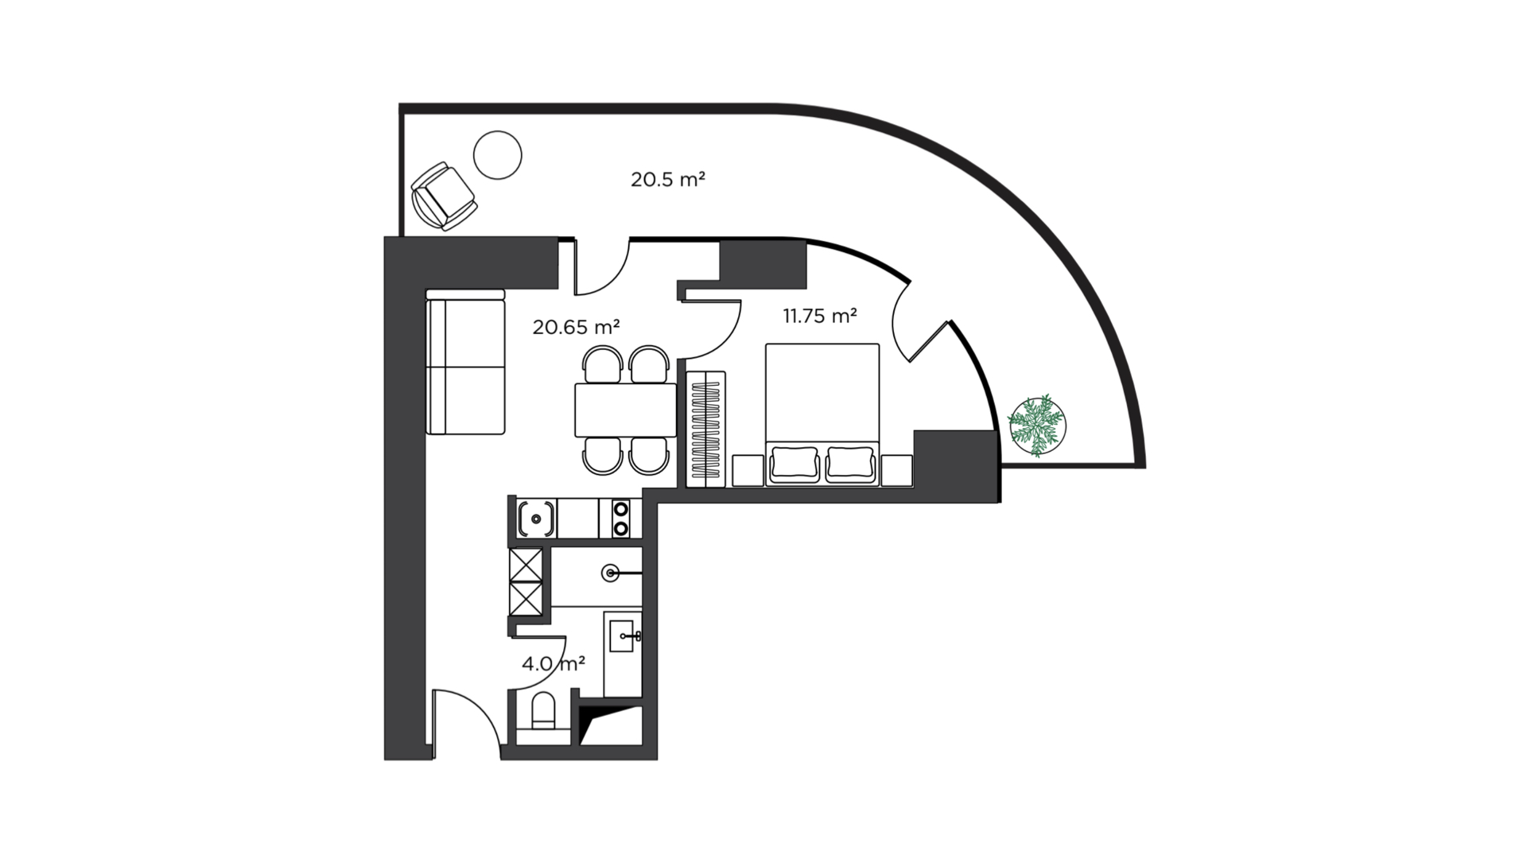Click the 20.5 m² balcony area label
(x=668, y=179)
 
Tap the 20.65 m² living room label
(x=576, y=326)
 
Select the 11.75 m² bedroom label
(x=820, y=316)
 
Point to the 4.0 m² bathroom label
(x=554, y=663)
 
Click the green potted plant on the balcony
(x=1037, y=426)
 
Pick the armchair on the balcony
(x=443, y=196)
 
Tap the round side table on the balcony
(x=498, y=155)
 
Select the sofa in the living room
(x=465, y=362)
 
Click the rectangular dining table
(x=626, y=410)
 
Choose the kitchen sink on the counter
(x=537, y=519)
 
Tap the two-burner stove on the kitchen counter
(x=620, y=518)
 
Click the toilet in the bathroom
(x=544, y=711)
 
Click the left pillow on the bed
(x=795, y=464)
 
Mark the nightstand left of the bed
(x=748, y=470)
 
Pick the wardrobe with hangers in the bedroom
(x=706, y=429)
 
